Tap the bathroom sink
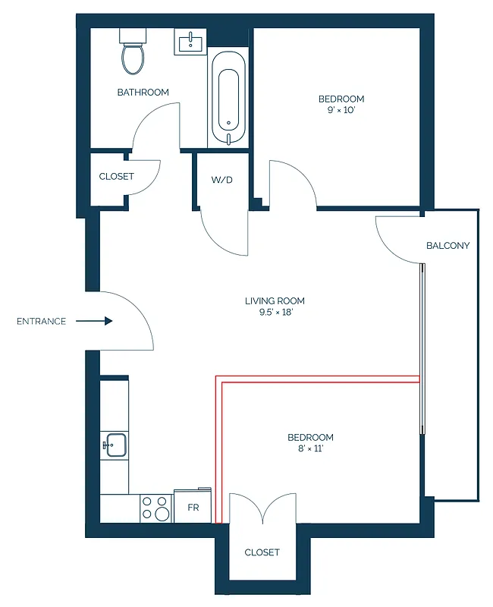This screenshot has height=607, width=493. click(x=190, y=42)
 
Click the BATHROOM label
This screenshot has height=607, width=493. click(x=143, y=93)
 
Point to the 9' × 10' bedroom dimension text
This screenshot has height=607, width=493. click(x=341, y=111)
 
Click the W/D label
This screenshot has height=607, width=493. click(x=221, y=181)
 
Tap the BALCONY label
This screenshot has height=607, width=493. click(x=447, y=246)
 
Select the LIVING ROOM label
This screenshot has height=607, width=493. click(x=275, y=301)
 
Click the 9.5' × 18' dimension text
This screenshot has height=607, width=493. click(x=275, y=313)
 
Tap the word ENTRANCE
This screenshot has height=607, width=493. click(x=41, y=322)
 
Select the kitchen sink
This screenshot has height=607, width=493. click(x=115, y=445)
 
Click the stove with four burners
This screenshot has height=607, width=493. click(x=156, y=508)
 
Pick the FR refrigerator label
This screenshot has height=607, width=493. click(x=193, y=508)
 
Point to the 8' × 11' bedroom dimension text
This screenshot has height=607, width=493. click(x=310, y=449)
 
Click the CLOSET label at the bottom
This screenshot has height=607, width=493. click(x=262, y=552)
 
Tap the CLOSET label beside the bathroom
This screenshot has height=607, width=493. click(x=116, y=176)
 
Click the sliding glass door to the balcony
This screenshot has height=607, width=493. click(x=423, y=349)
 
